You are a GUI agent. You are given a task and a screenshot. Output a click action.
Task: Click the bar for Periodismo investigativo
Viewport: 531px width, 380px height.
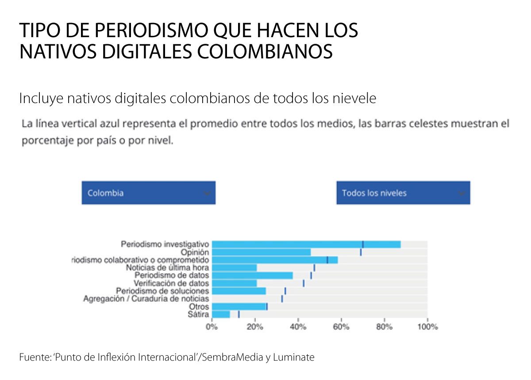coord(306,244)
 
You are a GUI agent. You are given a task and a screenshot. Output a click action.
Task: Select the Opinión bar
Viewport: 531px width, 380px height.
coord(261,252)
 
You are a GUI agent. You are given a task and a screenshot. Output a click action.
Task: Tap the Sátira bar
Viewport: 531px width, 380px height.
coord(221,315)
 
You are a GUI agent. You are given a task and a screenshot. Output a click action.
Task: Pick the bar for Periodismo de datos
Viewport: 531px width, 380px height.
coord(252,276)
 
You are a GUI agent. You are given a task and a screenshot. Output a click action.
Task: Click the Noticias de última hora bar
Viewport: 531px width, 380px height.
coord(234,268)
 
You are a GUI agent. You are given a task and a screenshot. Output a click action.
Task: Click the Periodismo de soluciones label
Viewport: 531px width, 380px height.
coord(162,291)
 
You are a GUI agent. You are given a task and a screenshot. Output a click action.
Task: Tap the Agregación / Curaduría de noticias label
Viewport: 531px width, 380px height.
coord(146,299)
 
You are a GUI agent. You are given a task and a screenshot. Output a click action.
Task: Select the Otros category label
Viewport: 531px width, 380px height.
coord(199,307)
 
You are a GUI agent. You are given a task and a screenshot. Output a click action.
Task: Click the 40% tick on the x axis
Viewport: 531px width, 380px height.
coord(298,327)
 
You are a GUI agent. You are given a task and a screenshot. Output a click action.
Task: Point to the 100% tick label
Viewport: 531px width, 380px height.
coord(427,327)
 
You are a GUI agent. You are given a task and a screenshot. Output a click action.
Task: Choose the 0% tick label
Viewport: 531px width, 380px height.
coord(212,327)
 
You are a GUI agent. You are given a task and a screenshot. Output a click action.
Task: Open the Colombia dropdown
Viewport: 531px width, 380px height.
coord(148,193)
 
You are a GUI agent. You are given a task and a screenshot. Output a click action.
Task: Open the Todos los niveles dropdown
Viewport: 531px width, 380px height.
coord(403,193)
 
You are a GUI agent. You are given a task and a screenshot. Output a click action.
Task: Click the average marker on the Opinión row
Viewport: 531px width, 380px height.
coord(361,252)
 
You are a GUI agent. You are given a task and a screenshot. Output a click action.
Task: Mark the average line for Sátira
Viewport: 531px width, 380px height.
coord(239,315)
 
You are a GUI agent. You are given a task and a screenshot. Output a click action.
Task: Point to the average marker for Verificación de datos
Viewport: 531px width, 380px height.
coord(304,283)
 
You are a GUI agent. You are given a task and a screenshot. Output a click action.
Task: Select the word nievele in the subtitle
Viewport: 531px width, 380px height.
coord(354,99)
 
